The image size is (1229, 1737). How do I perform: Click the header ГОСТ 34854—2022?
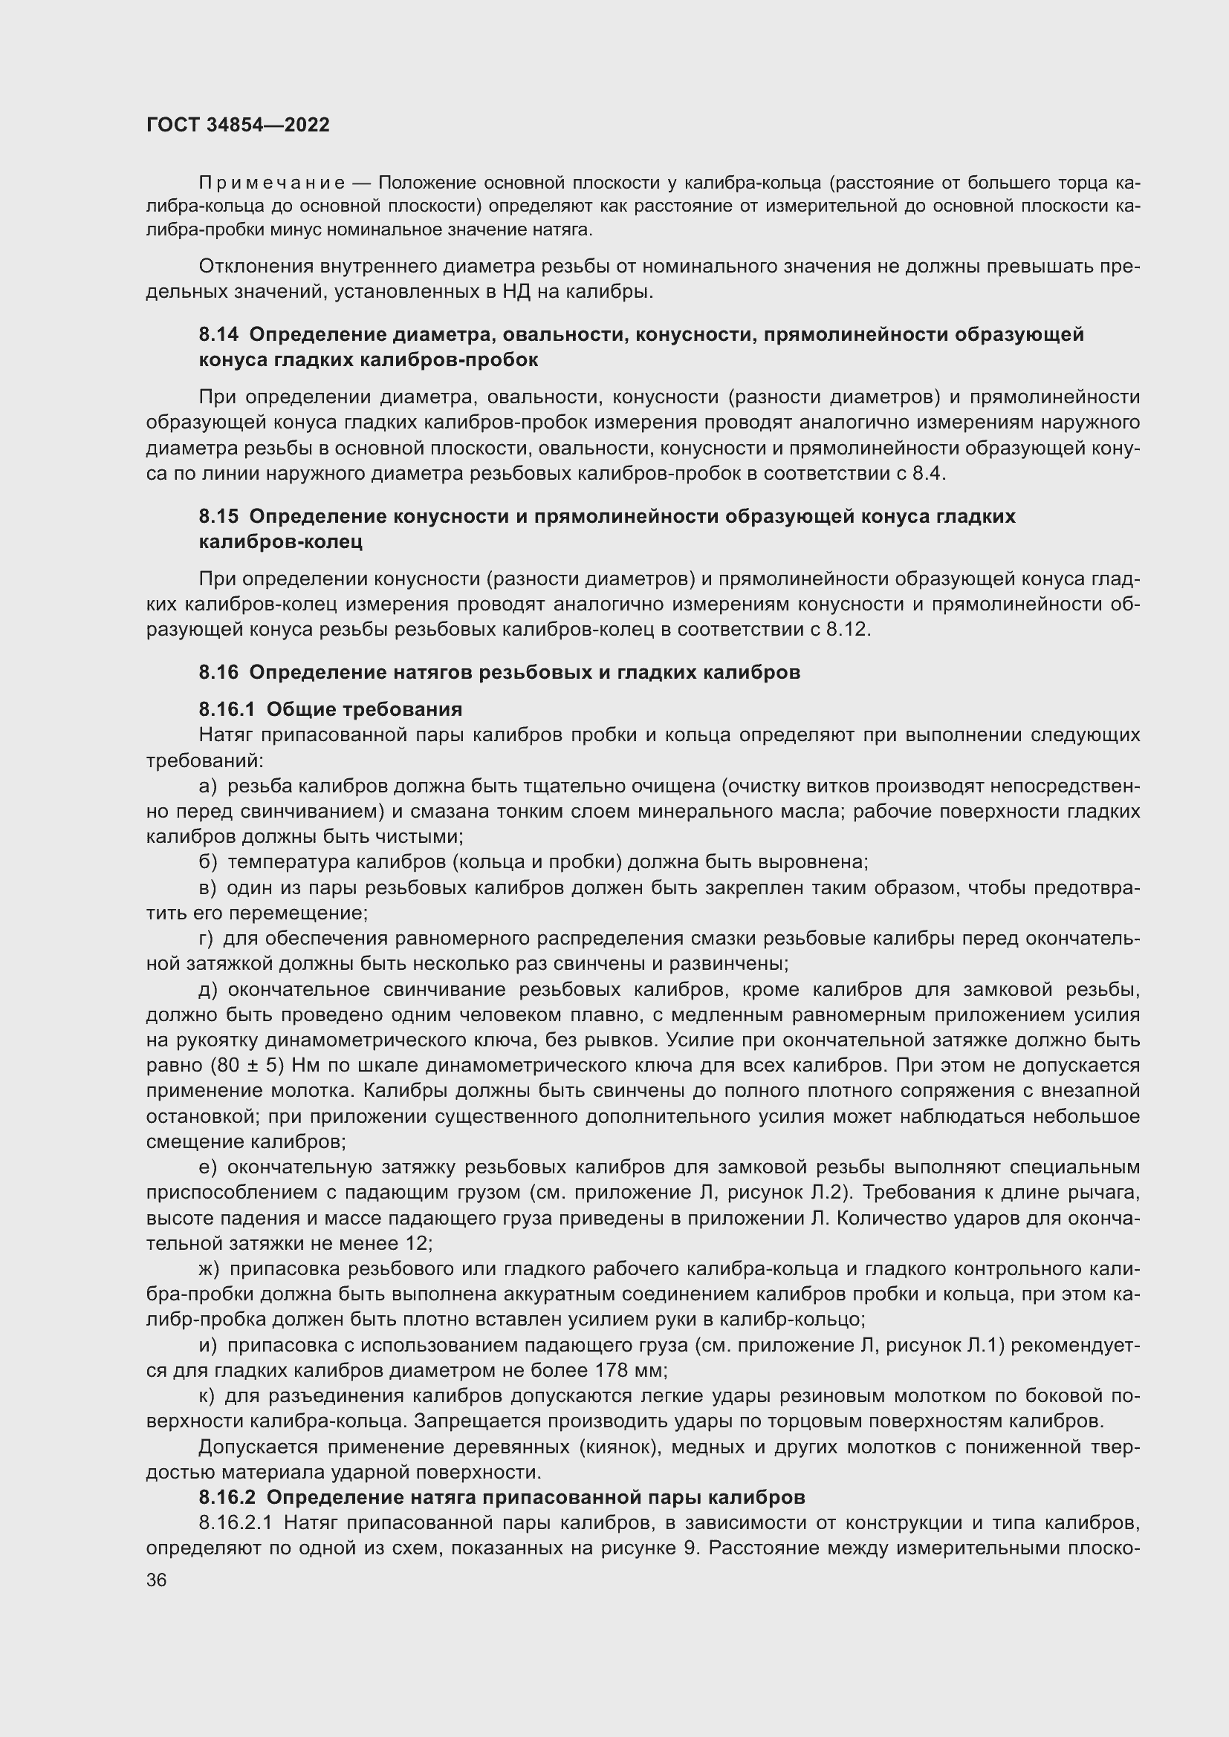238,125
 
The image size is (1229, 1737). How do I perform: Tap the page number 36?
157,1580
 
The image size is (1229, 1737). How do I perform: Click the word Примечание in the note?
272,183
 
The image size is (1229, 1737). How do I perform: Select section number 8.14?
218,334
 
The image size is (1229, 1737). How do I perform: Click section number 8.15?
218,516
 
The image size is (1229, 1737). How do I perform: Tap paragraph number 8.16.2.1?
235,1522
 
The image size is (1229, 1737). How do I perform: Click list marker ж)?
210,1268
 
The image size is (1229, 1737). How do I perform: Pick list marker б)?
208,861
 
